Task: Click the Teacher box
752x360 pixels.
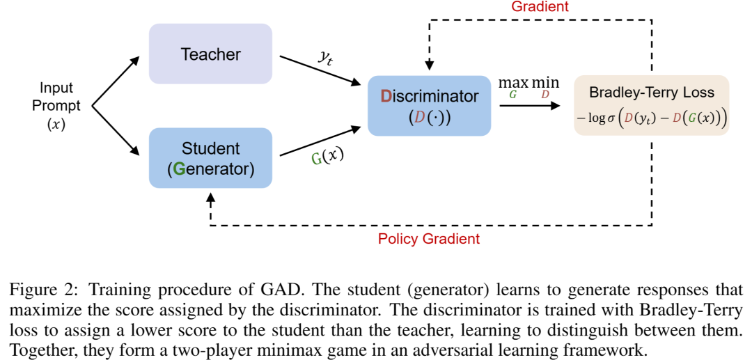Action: click(210, 54)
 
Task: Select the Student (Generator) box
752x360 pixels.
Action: click(210, 158)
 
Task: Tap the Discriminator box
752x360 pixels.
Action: click(429, 106)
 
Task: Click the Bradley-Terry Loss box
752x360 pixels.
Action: click(651, 105)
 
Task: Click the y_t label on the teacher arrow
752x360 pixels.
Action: click(324, 57)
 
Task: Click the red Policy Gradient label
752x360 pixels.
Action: click(428, 239)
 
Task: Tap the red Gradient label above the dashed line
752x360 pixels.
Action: click(540, 6)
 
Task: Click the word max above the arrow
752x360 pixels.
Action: click(513, 83)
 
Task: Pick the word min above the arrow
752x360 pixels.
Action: click(545, 83)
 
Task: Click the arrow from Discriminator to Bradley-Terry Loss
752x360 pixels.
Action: click(529, 106)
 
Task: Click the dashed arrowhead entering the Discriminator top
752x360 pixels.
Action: click(430, 65)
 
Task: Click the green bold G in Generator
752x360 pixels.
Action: click(179, 168)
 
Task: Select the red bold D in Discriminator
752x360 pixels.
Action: click(387, 96)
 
